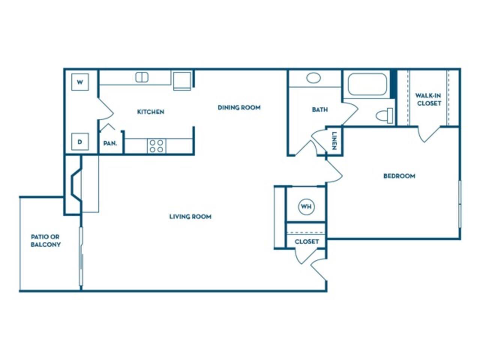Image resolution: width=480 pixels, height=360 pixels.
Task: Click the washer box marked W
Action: point(80,82)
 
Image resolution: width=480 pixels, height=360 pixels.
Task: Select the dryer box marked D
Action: point(80,142)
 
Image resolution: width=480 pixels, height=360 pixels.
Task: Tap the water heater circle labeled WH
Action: point(306,207)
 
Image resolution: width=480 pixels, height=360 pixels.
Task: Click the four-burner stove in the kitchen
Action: point(156,146)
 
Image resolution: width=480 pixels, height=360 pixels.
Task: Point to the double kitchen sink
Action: point(142,77)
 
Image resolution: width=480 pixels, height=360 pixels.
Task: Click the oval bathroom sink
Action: point(313,78)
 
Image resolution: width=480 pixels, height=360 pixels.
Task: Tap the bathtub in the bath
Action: point(367,84)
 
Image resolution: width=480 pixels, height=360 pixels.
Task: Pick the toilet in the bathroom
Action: point(385,115)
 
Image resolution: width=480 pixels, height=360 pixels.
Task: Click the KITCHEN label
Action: point(150,112)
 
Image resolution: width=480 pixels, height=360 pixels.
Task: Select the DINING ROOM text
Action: point(239,108)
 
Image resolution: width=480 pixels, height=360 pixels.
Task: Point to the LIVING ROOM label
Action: point(190,216)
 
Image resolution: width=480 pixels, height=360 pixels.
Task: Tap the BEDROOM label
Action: point(399,176)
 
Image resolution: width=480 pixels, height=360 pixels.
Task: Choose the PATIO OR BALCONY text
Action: point(45,241)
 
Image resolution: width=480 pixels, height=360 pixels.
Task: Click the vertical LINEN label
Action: point(334,141)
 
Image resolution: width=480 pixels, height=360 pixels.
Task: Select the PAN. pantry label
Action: point(110,143)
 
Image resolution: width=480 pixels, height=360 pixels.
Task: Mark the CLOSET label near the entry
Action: point(306,241)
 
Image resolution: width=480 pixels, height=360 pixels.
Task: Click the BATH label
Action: point(319,109)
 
